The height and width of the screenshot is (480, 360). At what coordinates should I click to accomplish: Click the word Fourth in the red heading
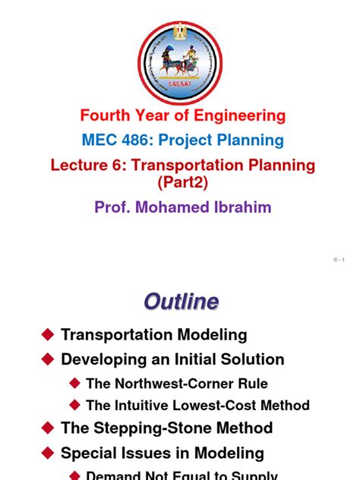pos(106,116)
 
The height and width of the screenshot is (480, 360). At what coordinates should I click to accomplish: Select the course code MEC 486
pos(115,141)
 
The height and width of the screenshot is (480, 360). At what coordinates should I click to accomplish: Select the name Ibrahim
pos(242,207)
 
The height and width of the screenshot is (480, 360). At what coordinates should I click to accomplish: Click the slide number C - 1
pos(339,261)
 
